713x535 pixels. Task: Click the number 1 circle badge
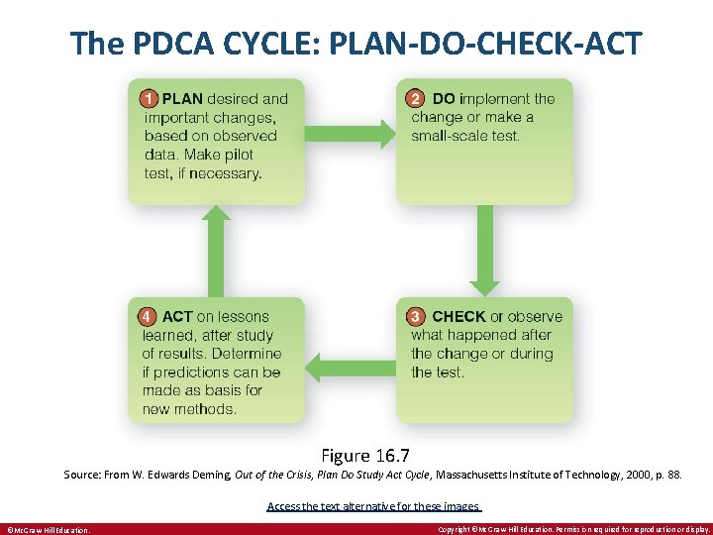[x=148, y=98]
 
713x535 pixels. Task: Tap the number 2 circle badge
[x=415, y=98]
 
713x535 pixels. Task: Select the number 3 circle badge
[x=415, y=317]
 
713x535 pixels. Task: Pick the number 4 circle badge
[x=147, y=317]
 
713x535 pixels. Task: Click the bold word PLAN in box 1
[x=182, y=98]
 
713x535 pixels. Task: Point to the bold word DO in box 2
[x=444, y=98]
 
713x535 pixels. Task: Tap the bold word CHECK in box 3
[x=458, y=317]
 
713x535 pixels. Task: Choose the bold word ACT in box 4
[x=177, y=317]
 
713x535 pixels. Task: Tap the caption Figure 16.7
[x=358, y=456]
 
